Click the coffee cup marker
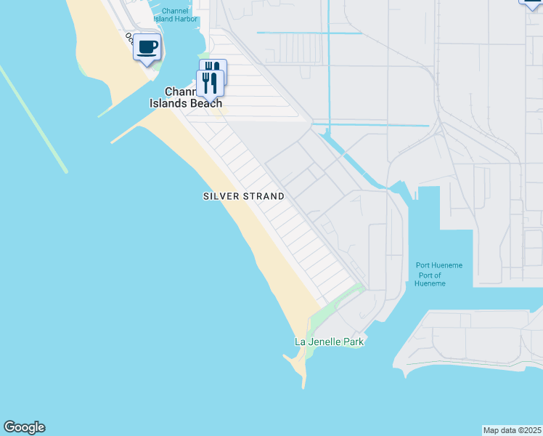[147, 48]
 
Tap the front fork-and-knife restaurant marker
[210, 84]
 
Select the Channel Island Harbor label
[175, 15]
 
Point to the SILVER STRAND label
[243, 196]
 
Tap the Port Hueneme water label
[438, 265]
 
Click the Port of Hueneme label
[429, 278]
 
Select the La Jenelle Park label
[328, 342]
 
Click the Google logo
[24, 427]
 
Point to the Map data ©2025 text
[512, 429]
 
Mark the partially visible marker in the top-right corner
[532, 3]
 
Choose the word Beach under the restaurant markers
[205, 103]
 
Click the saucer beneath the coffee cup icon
[147, 54]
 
